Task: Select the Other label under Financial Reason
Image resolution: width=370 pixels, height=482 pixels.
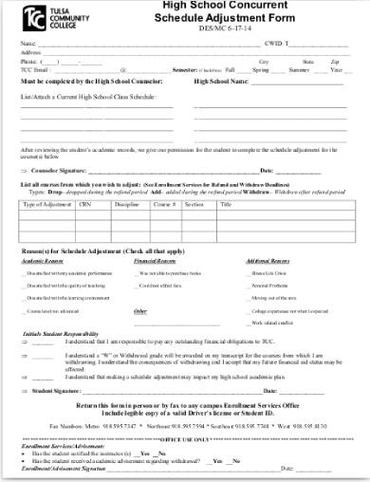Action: [x=139, y=310]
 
